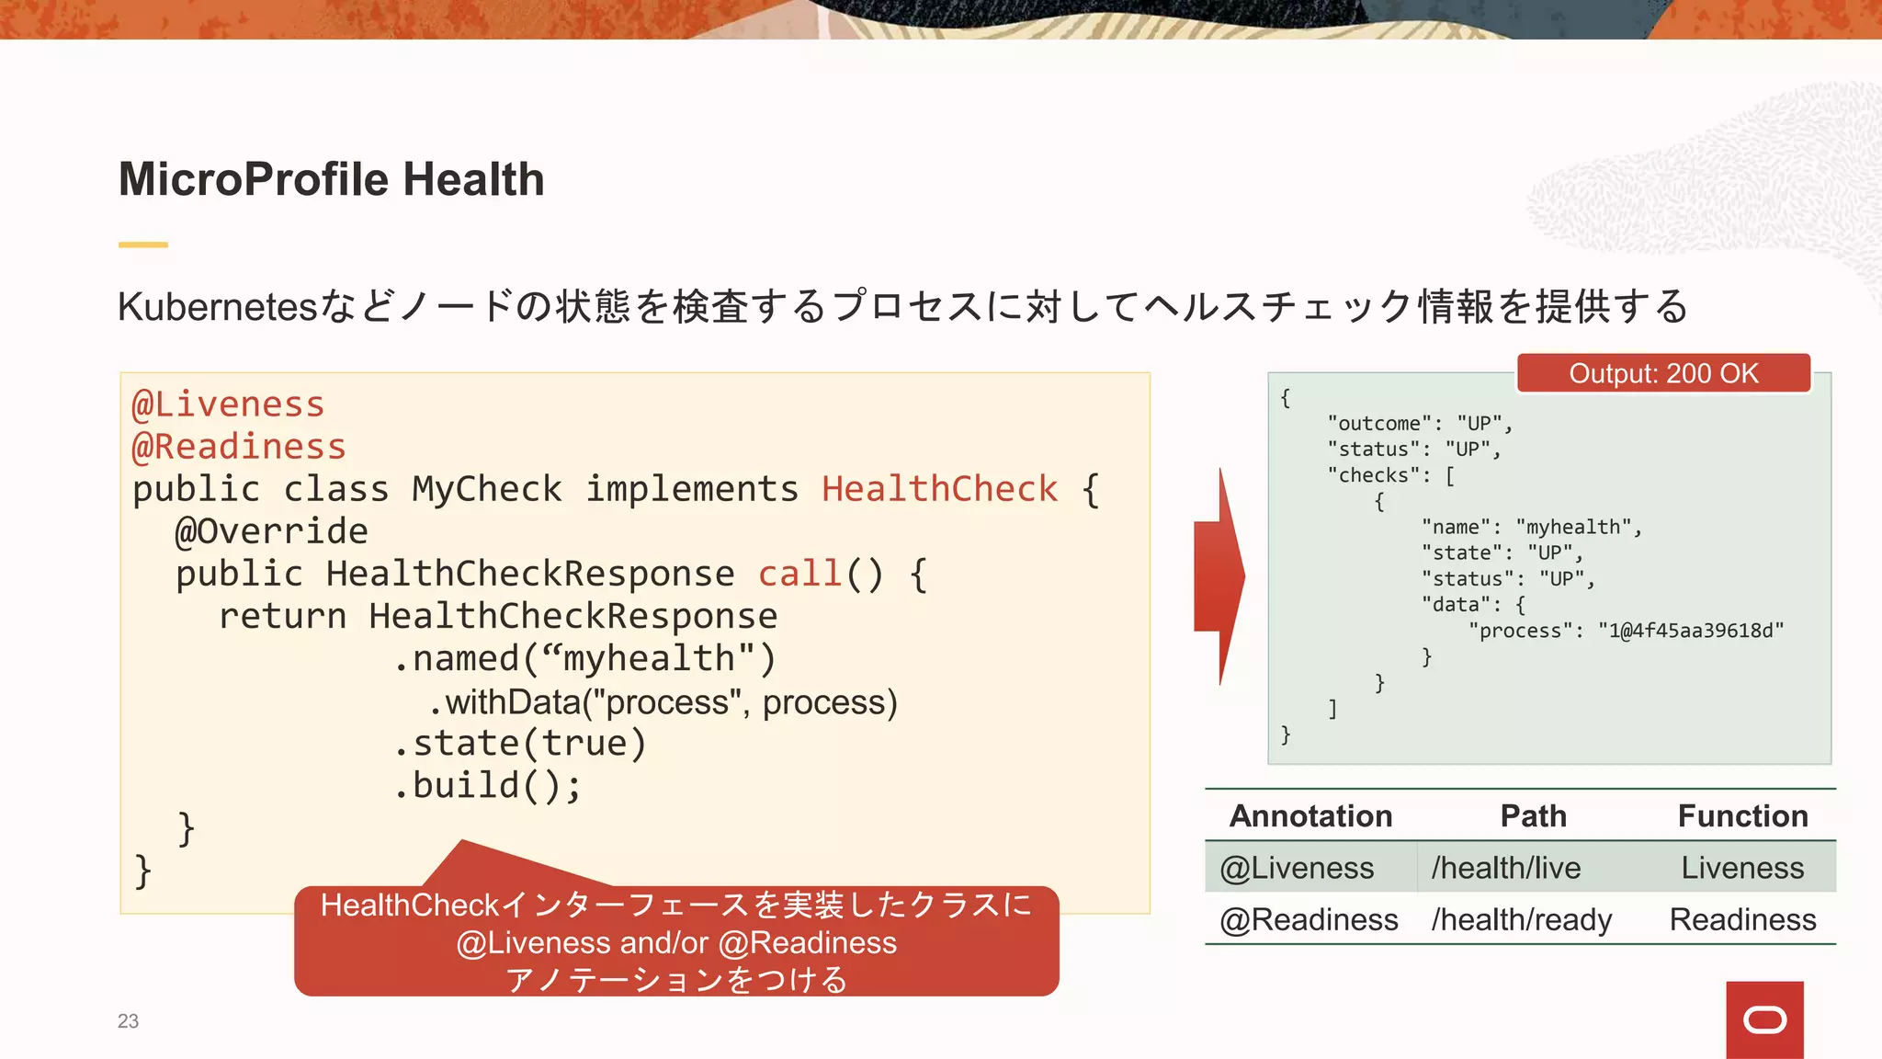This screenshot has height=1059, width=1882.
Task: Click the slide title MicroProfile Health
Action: (331, 179)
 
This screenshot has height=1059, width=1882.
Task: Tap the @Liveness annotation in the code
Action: (228, 404)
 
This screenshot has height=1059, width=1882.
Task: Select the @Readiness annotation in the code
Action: (239, 447)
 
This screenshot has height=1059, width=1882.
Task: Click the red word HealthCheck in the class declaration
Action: (939, 489)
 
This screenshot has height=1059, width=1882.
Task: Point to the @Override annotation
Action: (271, 531)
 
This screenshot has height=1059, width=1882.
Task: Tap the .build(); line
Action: (487, 786)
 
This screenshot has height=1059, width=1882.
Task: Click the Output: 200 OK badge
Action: (1663, 373)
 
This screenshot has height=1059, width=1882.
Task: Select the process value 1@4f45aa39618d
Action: (1691, 631)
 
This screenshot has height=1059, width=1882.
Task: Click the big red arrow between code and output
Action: (1220, 576)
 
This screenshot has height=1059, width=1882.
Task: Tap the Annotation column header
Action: (1310, 816)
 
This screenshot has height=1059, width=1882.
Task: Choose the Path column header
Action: (1533, 816)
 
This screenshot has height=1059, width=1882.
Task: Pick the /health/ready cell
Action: (1521, 919)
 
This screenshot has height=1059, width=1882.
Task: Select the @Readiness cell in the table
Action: (1309, 919)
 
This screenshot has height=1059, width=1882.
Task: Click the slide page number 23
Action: (128, 1021)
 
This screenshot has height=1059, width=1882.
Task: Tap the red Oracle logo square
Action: (1764, 1019)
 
